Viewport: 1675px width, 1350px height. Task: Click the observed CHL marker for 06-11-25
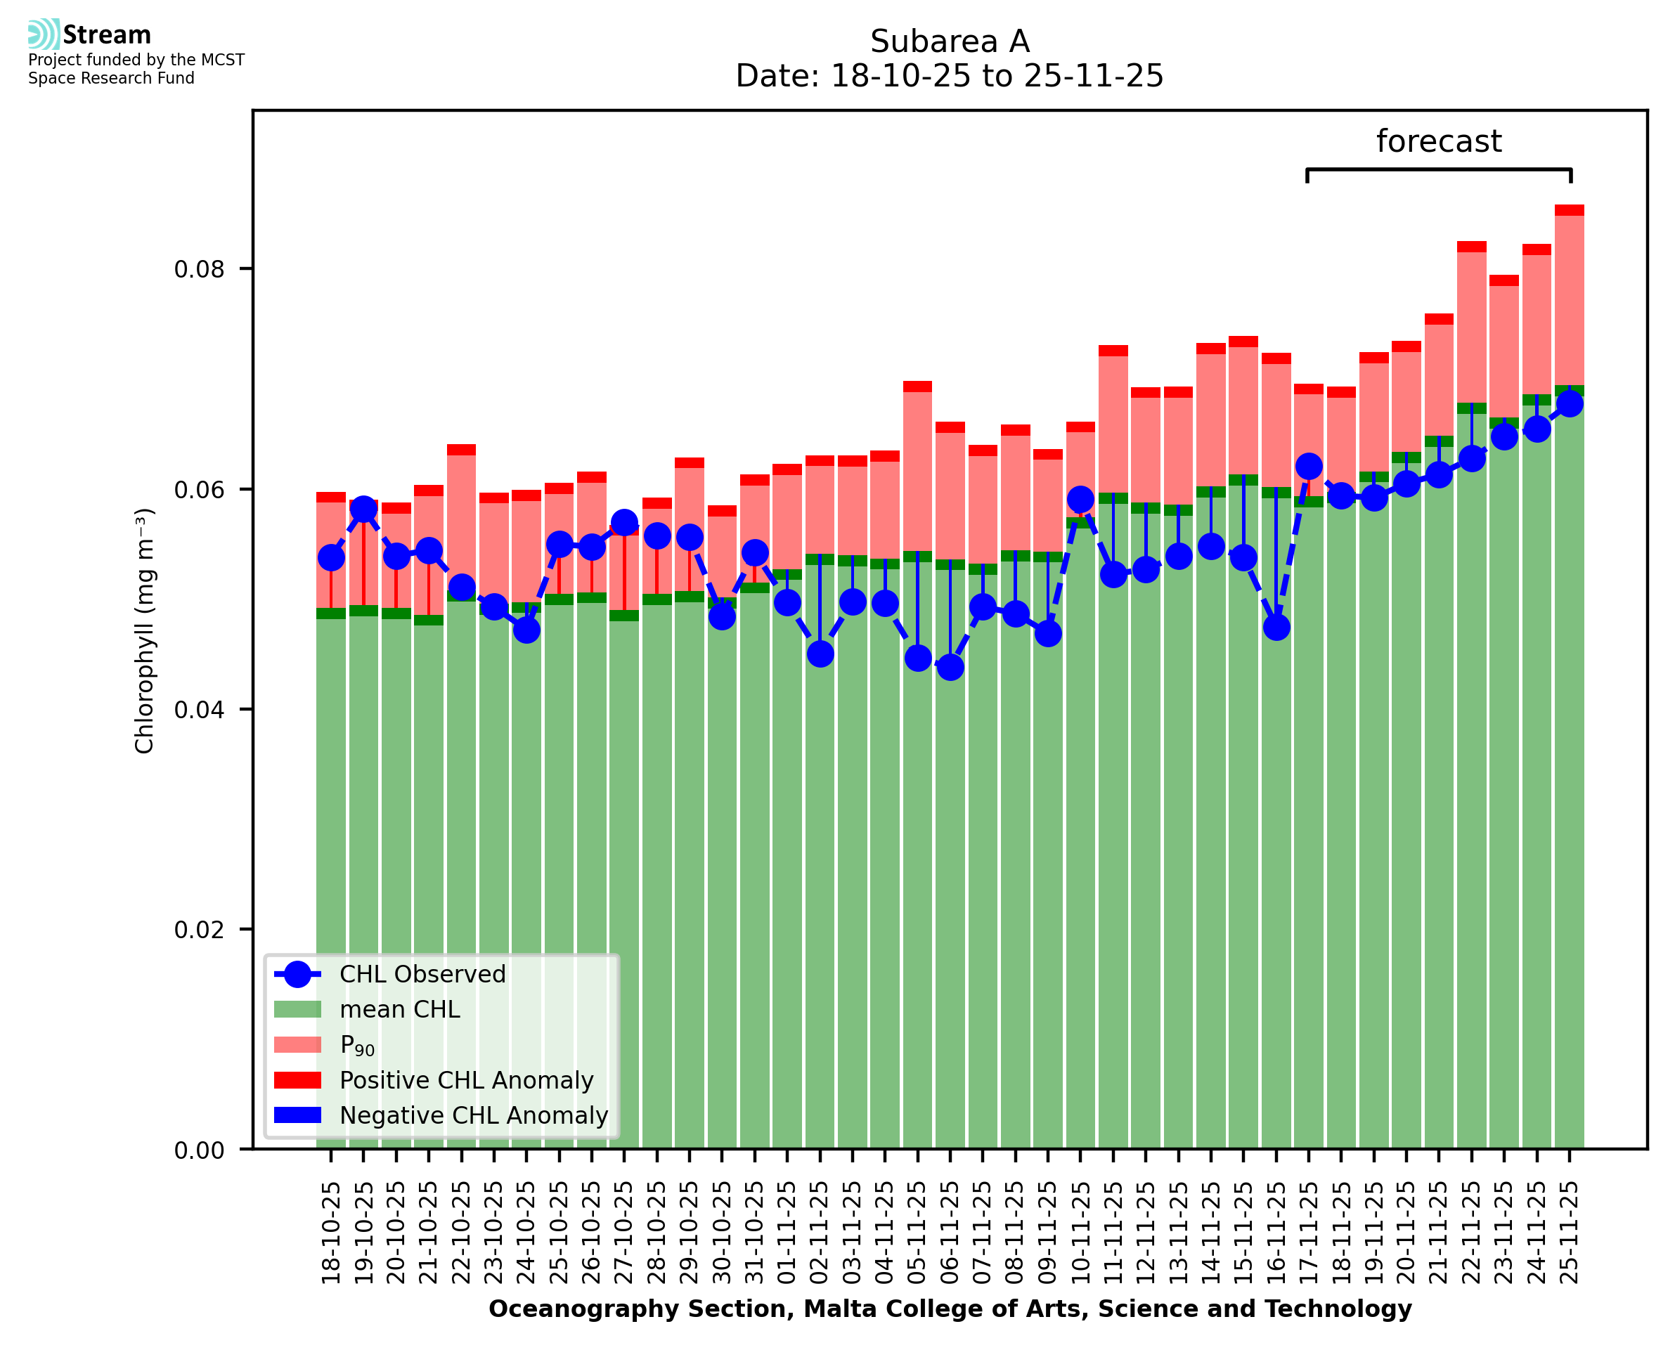click(950, 666)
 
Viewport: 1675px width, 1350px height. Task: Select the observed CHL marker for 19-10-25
click(363, 510)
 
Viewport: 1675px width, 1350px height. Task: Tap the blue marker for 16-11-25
click(1276, 627)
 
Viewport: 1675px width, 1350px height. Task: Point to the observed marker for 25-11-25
click(1570, 403)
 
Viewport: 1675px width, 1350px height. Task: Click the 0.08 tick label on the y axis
click(198, 270)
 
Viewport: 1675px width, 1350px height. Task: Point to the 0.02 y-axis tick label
click(198, 930)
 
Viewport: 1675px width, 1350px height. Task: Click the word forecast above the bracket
click(1439, 141)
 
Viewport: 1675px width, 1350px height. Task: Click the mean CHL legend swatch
click(297, 1009)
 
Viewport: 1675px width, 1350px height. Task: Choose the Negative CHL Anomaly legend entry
click(473, 1115)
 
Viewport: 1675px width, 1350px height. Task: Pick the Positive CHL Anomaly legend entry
click(466, 1080)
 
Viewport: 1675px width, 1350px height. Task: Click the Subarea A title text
click(950, 41)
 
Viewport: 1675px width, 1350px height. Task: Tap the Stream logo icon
click(44, 34)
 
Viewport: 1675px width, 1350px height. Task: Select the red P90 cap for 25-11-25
click(1570, 210)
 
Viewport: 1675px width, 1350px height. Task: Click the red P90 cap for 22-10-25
click(461, 450)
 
